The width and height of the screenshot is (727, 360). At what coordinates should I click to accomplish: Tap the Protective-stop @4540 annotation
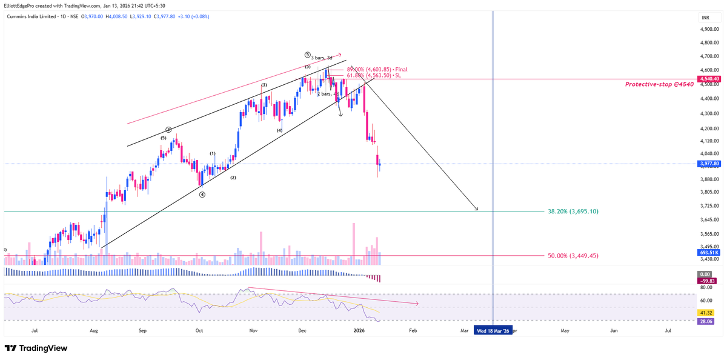click(x=659, y=84)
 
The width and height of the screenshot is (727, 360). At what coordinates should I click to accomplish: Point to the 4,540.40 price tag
click(x=709, y=79)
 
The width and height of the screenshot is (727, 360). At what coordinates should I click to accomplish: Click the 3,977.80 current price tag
click(x=709, y=164)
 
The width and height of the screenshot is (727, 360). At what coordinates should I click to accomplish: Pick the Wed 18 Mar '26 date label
click(x=493, y=331)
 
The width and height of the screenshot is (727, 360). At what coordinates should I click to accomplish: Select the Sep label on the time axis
click(x=142, y=331)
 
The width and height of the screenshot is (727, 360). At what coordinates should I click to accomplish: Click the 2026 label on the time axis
click(x=359, y=331)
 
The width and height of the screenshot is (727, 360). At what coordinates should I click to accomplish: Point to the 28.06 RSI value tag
click(x=706, y=322)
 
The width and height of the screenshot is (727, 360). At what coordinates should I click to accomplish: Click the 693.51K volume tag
click(x=708, y=252)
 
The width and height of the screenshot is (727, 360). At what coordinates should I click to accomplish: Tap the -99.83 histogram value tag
click(x=708, y=281)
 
